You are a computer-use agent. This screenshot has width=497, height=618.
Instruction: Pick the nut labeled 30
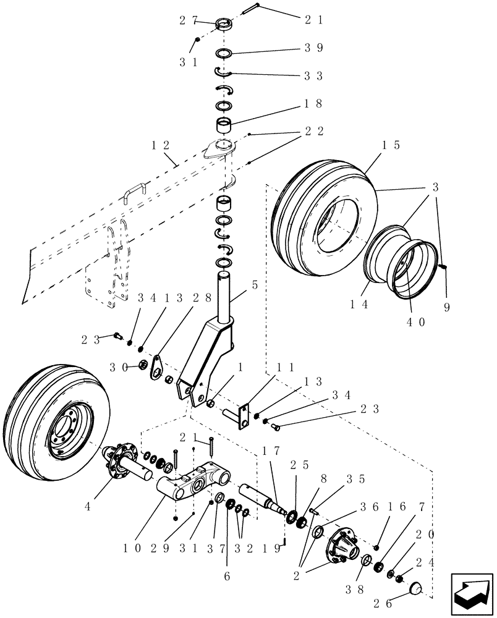[x=143, y=366]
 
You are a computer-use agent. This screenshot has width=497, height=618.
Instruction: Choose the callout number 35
[x=373, y=478]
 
